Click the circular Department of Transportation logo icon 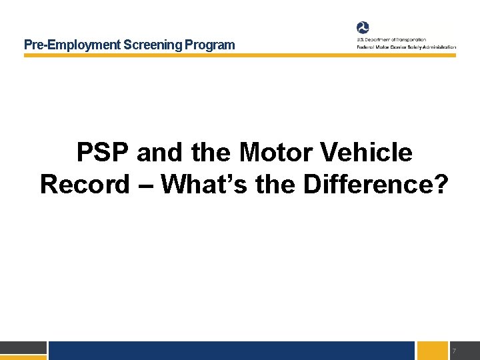tap(363, 27)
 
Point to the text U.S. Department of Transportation tap(391, 40)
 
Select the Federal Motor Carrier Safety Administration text tap(405, 47)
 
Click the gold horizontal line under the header tap(240, 56)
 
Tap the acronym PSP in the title tap(103, 153)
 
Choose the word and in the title tap(160, 153)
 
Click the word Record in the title tap(84, 185)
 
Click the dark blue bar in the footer tap(231, 351)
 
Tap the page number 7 tap(453, 351)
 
